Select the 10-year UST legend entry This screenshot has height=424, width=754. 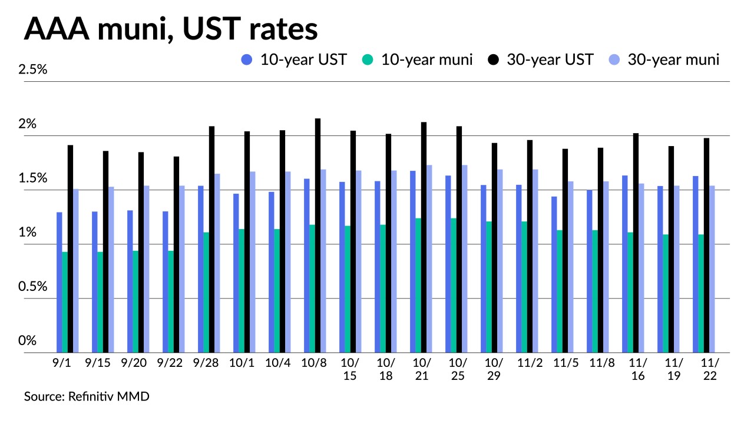click(x=294, y=59)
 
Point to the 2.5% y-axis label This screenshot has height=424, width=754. click(x=32, y=69)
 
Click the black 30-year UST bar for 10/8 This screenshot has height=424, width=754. click(x=318, y=236)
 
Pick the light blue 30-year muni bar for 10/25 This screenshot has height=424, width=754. click(x=465, y=259)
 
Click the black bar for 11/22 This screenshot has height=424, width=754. click(x=706, y=245)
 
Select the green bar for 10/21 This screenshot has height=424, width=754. click(x=418, y=286)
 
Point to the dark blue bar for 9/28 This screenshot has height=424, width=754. click(x=201, y=269)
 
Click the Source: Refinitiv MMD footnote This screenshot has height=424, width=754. click(x=87, y=396)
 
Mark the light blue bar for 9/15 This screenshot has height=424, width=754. click(x=111, y=270)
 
